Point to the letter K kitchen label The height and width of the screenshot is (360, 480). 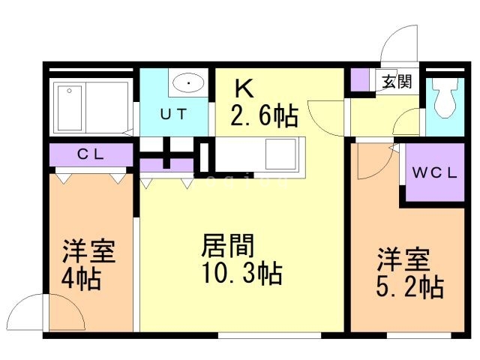[244, 88]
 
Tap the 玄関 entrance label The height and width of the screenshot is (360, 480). [396, 82]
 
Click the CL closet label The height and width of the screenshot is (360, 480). [94, 155]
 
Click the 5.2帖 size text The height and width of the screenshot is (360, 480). [409, 286]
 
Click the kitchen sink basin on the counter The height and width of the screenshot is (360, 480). [282, 155]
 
